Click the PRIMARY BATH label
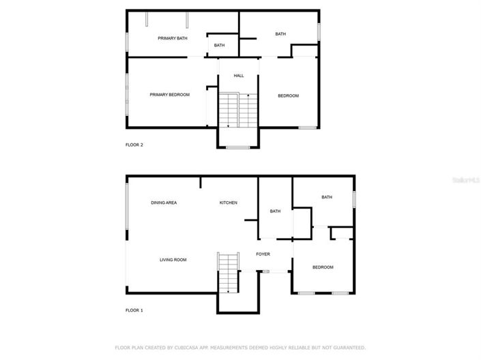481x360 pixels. pos(172,38)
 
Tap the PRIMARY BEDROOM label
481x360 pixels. pos(169,95)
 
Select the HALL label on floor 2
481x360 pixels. pos(239,76)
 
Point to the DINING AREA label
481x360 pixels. pos(164,202)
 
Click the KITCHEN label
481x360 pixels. pos(228,202)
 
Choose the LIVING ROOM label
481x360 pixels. pos(173,260)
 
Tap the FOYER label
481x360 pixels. pos(263,254)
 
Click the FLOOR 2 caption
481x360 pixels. pos(134,145)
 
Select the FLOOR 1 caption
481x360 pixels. pos(134,310)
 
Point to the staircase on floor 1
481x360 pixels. pos(229,271)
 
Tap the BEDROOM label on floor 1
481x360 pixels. pos(323,267)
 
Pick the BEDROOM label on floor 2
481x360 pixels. pos(288,95)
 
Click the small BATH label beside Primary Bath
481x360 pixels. pos(219,46)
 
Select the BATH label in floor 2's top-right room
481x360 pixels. pos(280,34)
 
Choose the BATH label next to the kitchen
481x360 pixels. pos(275,211)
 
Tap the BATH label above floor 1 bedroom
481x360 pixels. pos(327,198)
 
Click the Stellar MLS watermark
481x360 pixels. pos(467,180)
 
